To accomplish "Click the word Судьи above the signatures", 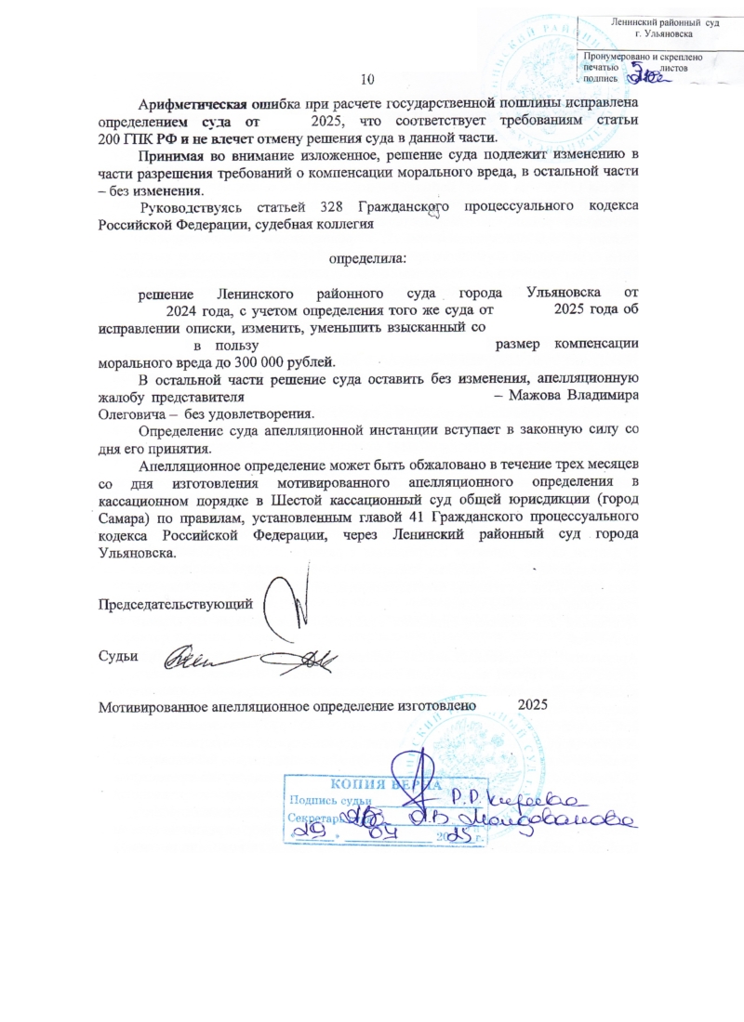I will pyautogui.click(x=118, y=657).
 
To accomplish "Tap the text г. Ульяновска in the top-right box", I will pyautogui.click(x=658, y=33).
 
